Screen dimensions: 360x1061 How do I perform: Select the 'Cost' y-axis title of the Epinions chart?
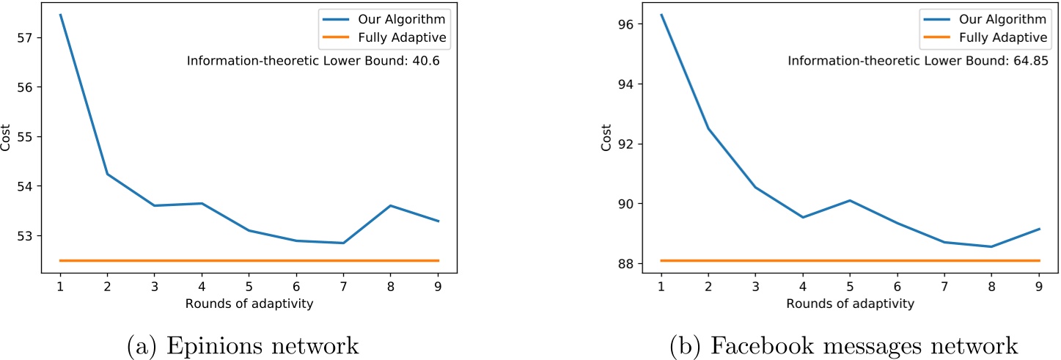coord(7,138)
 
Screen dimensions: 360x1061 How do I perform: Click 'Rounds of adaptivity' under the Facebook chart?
coord(850,303)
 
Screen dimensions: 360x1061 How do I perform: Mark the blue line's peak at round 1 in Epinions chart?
coord(60,15)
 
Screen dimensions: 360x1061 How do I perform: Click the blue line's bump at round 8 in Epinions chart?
coord(391,205)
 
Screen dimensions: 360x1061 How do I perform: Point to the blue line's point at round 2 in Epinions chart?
coord(108,174)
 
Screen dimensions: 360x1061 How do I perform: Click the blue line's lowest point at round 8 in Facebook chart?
coord(992,246)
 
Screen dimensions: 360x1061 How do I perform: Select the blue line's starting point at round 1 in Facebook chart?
coord(661,15)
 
